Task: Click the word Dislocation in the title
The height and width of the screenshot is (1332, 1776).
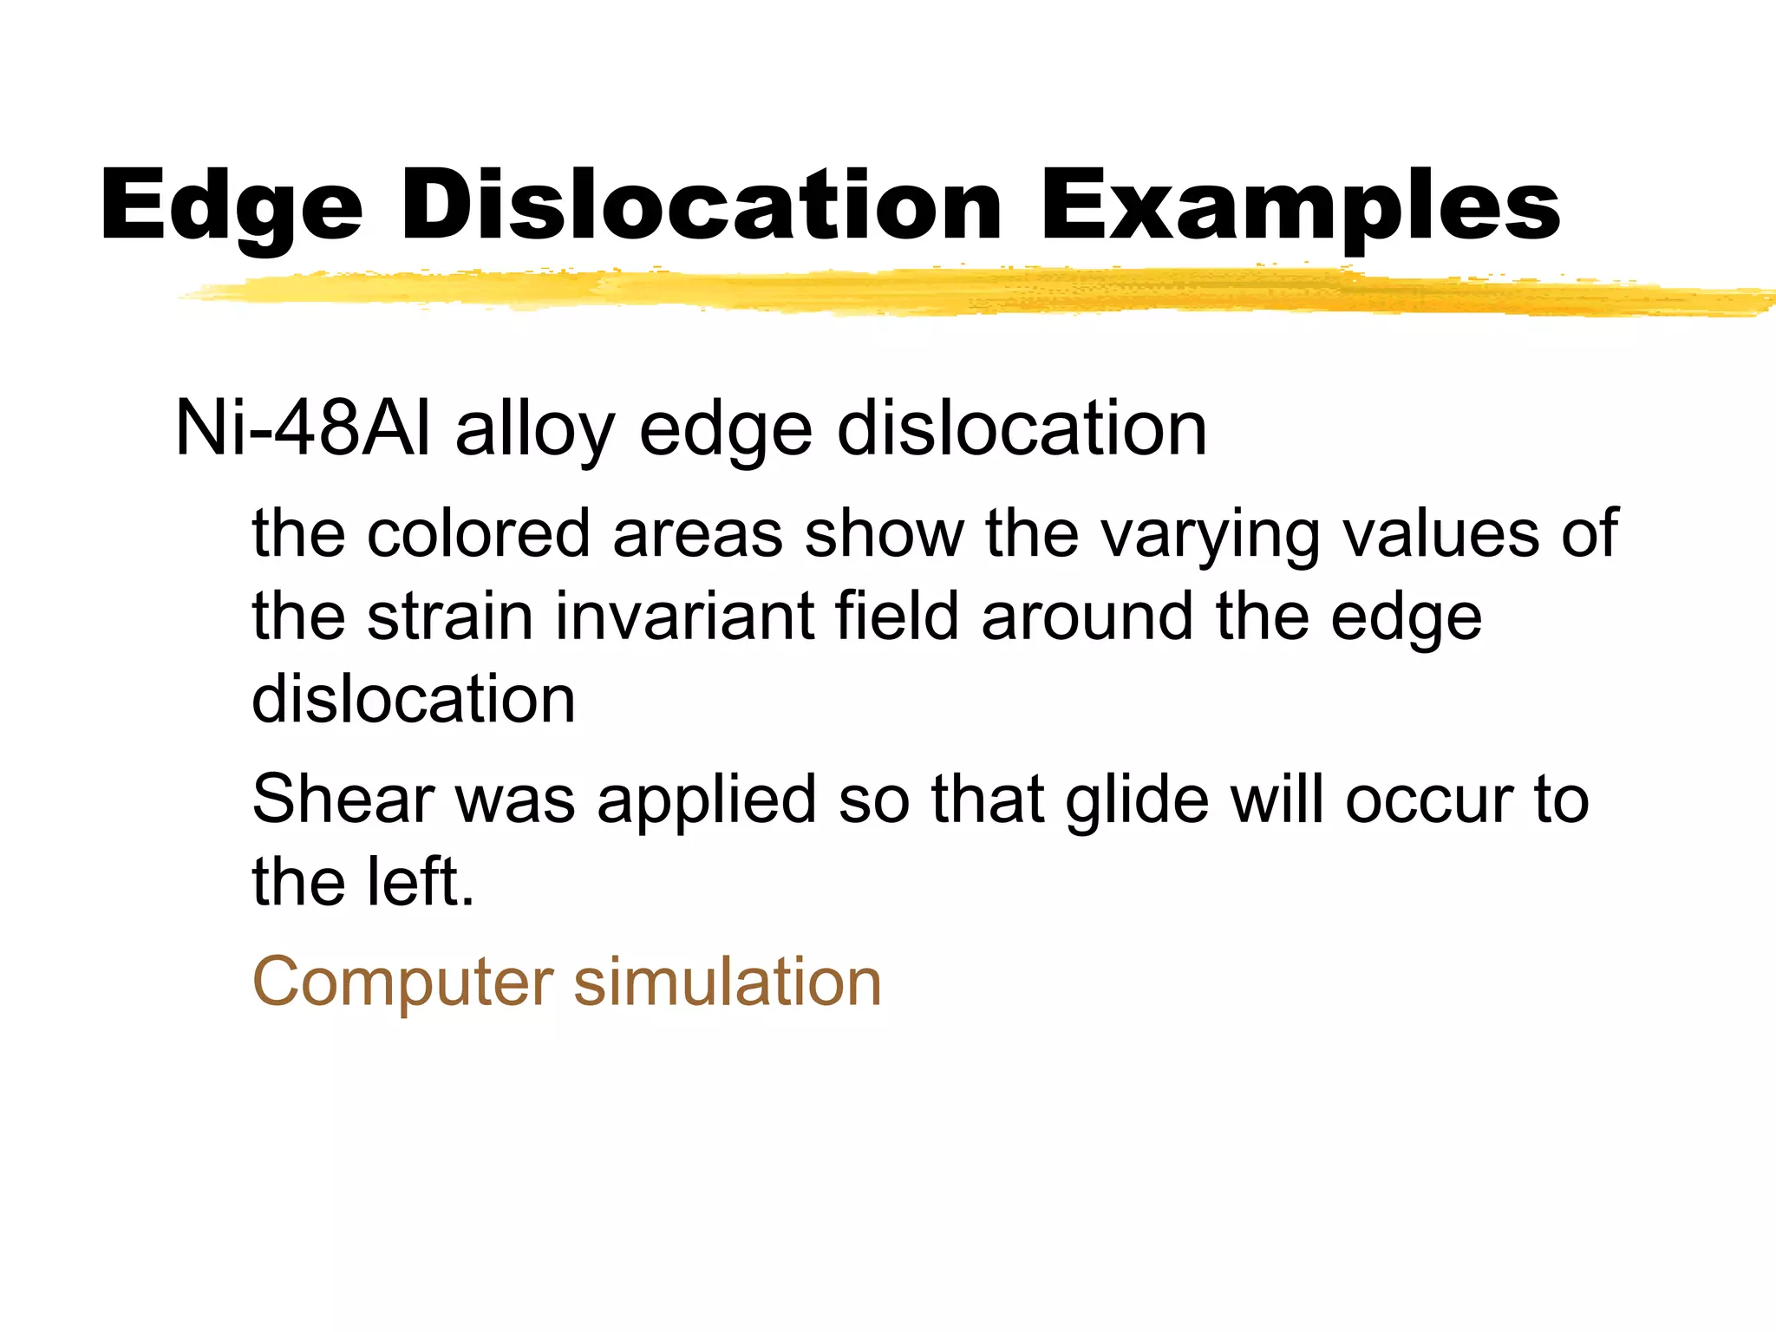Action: (701, 206)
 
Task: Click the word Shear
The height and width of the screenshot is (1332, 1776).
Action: (343, 799)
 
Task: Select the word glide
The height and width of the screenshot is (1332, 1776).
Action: (1136, 799)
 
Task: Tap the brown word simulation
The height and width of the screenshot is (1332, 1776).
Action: (728, 982)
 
